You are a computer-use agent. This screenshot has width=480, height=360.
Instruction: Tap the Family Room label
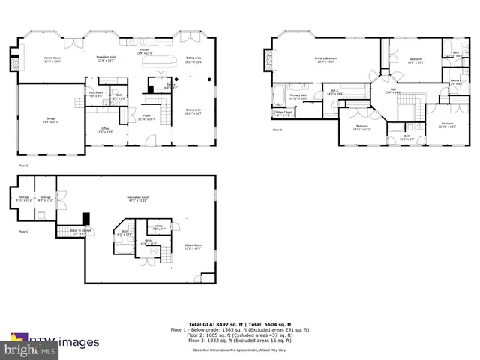[52, 59]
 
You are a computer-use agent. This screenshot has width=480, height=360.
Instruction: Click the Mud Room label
[96, 94]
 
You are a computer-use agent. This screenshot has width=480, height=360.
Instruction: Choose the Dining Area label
[193, 112]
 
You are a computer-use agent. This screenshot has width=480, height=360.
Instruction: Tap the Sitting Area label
[193, 61]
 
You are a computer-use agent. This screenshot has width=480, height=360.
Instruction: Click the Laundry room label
[455, 81]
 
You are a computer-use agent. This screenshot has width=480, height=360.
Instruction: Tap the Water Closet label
[283, 114]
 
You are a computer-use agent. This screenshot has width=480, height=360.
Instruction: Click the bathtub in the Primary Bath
[276, 96]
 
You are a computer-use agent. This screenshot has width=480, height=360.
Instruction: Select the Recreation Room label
[137, 199]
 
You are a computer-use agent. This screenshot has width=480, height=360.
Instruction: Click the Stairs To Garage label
[79, 231]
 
